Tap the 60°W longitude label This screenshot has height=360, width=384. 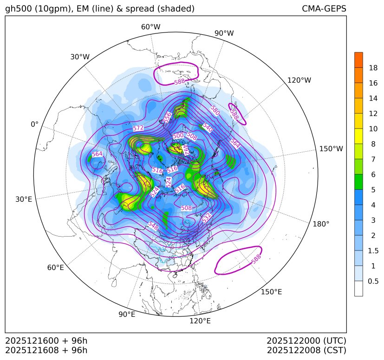[150, 27]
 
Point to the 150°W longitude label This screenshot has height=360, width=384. [331, 149]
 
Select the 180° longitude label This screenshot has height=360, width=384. [321, 224]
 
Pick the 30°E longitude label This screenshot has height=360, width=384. [24, 199]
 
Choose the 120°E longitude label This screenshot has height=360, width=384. [200, 321]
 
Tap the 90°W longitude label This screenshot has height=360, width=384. [224, 33]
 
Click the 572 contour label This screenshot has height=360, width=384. [138, 128]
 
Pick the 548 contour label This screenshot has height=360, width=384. [152, 225]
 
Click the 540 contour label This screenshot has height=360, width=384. [207, 128]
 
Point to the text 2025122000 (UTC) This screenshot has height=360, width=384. [306, 341]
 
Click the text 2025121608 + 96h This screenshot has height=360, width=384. [46, 350]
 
